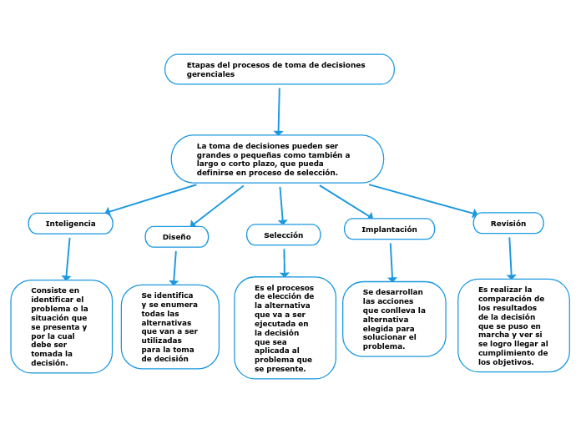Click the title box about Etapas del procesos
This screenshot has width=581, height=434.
[x=279, y=69]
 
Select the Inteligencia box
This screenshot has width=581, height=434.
[x=70, y=224]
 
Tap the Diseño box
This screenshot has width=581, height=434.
[x=176, y=237]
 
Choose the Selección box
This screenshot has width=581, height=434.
[x=283, y=235]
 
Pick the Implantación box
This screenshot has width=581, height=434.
[x=389, y=229]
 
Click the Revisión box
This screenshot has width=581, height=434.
[x=508, y=224]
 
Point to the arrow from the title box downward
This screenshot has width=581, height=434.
[x=279, y=110]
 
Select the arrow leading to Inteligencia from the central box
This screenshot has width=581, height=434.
[x=150, y=199]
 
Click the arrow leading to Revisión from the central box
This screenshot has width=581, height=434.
[x=424, y=200]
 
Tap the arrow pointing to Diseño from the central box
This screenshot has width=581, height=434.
[x=217, y=205]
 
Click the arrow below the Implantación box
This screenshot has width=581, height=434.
[x=391, y=261]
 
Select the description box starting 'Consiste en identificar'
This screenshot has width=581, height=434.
[x=61, y=326]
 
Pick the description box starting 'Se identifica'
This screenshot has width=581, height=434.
[x=169, y=327]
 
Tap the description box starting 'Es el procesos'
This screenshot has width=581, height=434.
[x=285, y=328]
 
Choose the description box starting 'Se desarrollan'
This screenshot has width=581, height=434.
[x=394, y=319]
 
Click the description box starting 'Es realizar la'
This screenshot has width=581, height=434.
[x=513, y=325]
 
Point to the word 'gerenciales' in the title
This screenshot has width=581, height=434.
[x=210, y=74]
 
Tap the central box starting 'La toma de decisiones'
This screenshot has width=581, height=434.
[x=277, y=159]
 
